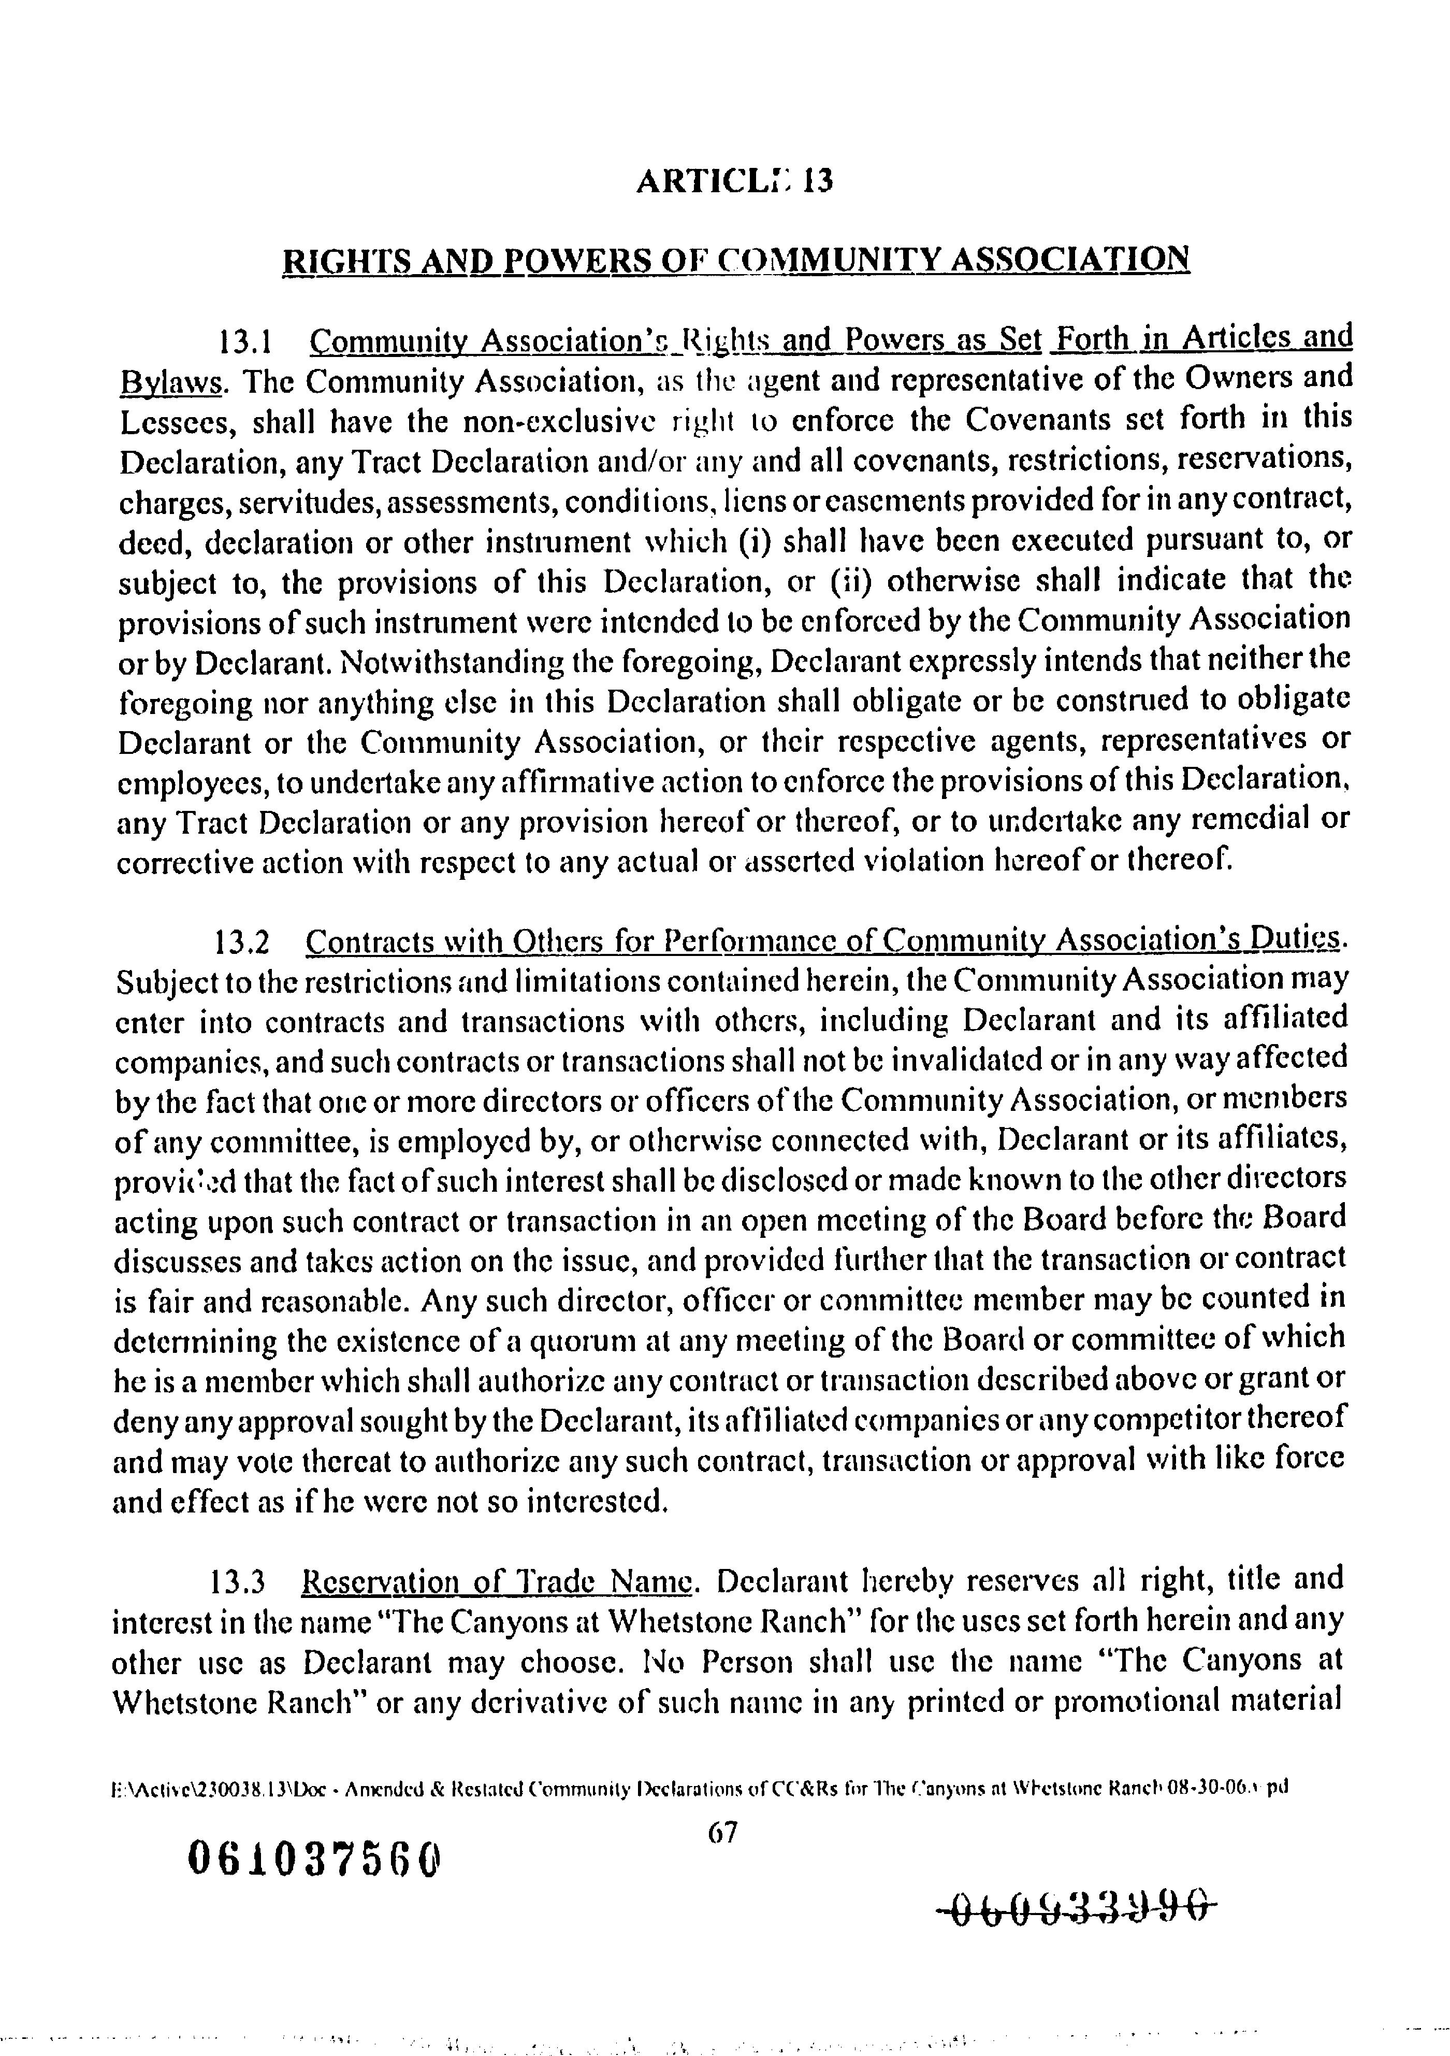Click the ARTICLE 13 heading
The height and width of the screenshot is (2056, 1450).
pyautogui.click(x=734, y=182)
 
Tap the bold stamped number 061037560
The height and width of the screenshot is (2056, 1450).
pyautogui.click(x=314, y=1860)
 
